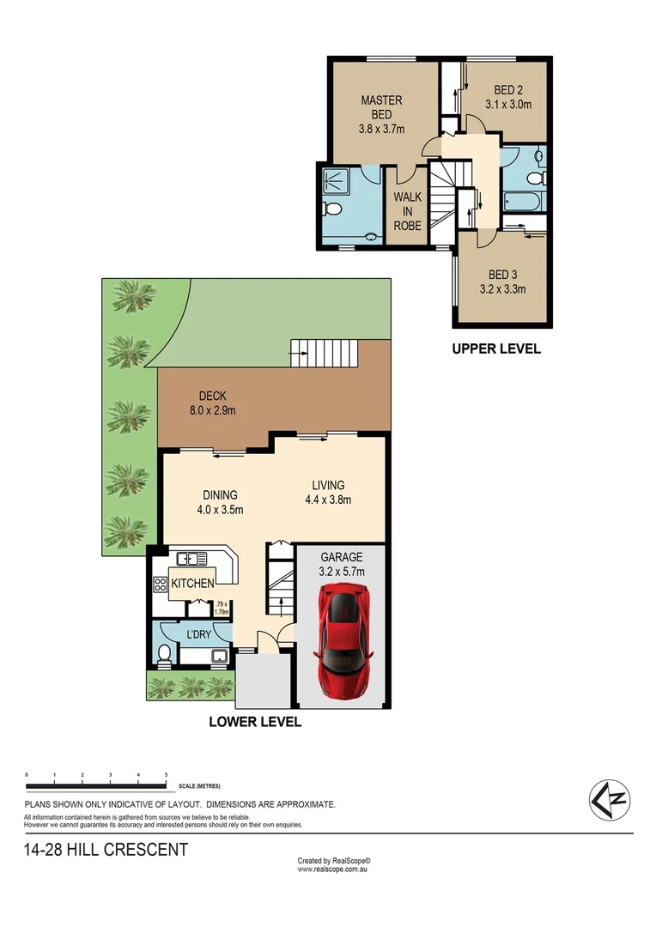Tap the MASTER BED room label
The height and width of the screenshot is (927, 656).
click(381, 100)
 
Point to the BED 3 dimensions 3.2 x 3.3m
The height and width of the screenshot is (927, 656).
click(502, 289)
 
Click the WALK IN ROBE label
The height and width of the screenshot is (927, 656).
click(407, 211)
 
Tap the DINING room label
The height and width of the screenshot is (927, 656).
click(220, 495)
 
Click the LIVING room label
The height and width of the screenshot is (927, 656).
click(328, 486)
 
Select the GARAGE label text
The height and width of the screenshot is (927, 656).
click(341, 556)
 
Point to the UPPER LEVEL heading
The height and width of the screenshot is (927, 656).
click(496, 349)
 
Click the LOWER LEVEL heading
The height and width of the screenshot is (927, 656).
click(255, 722)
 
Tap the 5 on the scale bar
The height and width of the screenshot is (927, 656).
click(166, 775)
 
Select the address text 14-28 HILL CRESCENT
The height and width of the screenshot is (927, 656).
click(106, 851)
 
